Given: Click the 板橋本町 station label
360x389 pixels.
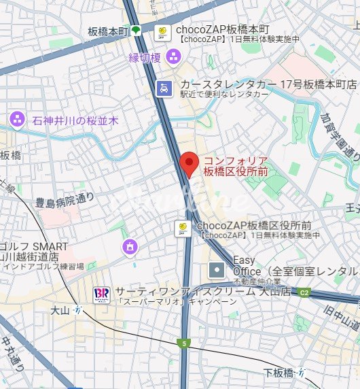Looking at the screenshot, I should (x=108, y=31).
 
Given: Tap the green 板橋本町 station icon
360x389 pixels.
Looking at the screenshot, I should (x=136, y=30).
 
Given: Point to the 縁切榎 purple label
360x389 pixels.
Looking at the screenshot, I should (x=145, y=58).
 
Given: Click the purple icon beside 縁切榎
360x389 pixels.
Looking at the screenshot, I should (x=173, y=58).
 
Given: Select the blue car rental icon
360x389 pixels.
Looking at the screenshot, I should (x=164, y=87).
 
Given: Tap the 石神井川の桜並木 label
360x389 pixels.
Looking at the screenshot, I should (x=75, y=120).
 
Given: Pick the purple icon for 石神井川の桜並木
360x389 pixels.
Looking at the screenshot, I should (x=17, y=120).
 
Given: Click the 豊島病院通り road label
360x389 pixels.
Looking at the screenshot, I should (x=65, y=201).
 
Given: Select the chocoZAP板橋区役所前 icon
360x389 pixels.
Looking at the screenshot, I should (x=182, y=228).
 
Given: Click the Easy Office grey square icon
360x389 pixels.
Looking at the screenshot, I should (x=216, y=270).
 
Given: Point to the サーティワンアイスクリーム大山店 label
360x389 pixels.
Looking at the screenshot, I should (x=202, y=291).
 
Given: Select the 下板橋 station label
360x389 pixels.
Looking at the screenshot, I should (x=279, y=371).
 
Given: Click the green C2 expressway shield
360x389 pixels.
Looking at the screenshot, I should (x=305, y=293).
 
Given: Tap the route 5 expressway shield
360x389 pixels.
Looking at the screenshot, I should (x=183, y=343).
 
